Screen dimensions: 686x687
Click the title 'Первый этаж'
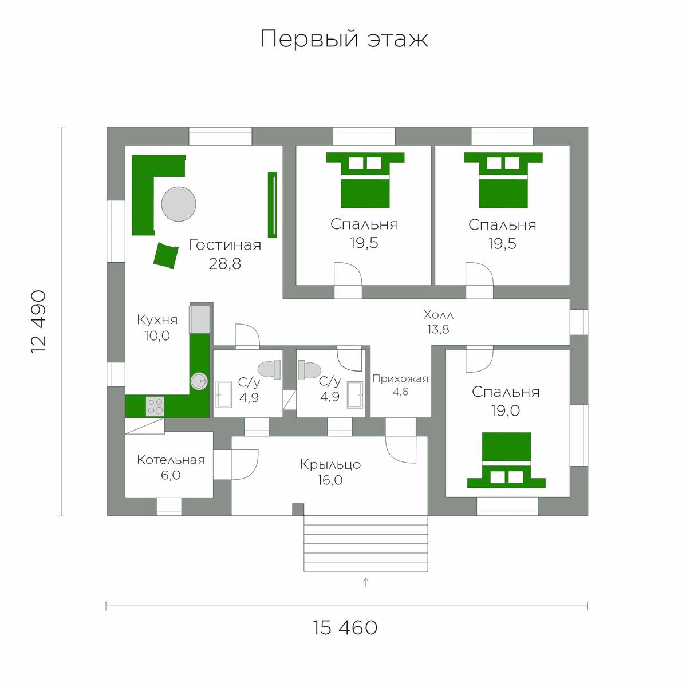(344, 38)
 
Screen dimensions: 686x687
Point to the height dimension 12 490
(39, 322)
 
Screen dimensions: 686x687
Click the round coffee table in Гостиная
(178, 204)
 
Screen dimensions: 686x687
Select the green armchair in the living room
(165, 255)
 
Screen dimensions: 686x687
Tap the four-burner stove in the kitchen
(155, 406)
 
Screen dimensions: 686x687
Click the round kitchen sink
(199, 381)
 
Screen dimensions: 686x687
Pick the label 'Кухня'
(157, 320)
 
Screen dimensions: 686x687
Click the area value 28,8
(224, 264)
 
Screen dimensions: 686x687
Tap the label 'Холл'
(439, 315)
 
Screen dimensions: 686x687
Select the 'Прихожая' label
(400, 378)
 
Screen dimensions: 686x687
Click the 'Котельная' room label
(171, 460)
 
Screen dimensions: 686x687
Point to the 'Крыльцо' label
(330, 464)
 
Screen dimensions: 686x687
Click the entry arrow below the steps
(366, 582)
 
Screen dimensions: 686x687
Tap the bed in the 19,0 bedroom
(506, 460)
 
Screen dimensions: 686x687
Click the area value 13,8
(439, 329)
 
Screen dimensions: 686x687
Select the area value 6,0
(171, 475)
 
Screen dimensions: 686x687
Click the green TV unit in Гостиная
(273, 205)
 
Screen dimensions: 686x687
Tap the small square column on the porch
(298, 509)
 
